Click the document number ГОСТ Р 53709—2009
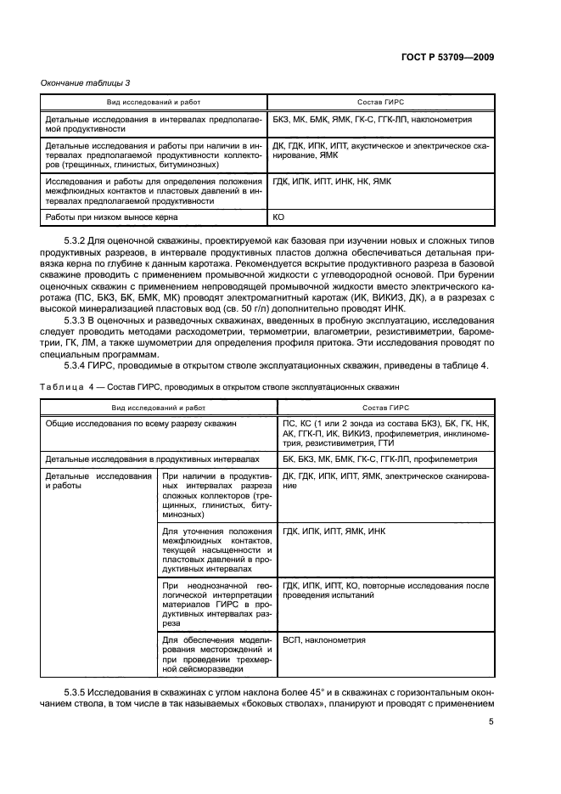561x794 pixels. (x=448, y=57)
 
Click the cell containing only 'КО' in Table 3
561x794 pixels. (x=278, y=217)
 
